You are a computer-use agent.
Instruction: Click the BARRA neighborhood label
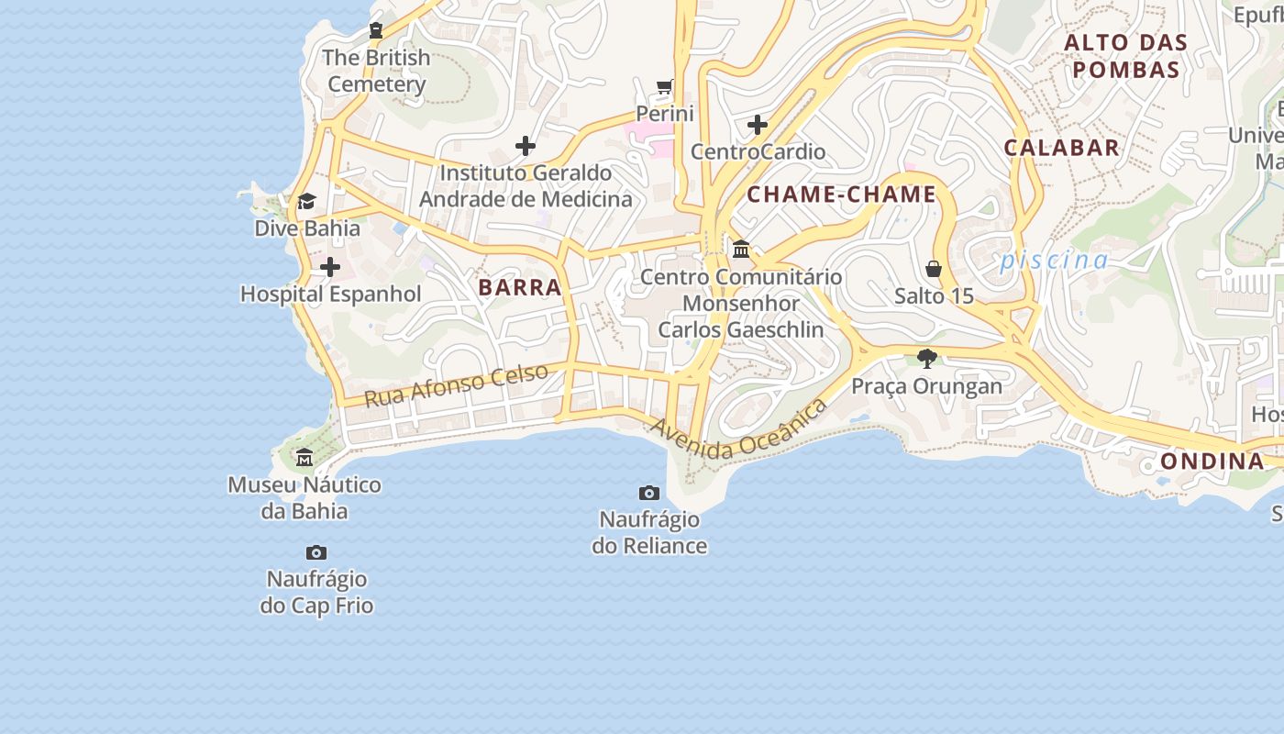(x=519, y=287)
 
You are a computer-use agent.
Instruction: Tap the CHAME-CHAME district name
(x=841, y=195)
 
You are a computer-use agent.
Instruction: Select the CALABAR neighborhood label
(x=1061, y=148)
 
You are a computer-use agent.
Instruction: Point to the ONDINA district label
(x=1212, y=461)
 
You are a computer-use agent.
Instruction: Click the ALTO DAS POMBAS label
(x=1125, y=56)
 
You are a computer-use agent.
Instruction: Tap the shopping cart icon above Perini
(x=665, y=87)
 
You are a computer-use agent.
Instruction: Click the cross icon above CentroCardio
(x=758, y=125)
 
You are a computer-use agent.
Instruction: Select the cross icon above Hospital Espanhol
(x=330, y=267)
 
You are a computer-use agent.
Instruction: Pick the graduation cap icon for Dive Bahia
(x=306, y=201)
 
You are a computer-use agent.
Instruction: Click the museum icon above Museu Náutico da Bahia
(x=304, y=457)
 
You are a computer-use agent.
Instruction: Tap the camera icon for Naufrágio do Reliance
(x=649, y=493)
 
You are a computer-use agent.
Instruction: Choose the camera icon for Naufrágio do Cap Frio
(x=316, y=552)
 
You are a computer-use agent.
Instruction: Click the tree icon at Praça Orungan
(x=926, y=359)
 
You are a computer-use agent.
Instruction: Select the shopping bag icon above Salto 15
(x=934, y=269)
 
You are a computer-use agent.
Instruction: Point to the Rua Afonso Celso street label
(x=456, y=384)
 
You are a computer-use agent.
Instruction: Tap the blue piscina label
(x=1054, y=261)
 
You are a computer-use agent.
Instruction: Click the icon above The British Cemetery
(x=375, y=30)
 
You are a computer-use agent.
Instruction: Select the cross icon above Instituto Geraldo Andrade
(x=526, y=146)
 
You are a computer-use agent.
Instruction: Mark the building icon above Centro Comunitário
(x=741, y=249)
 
